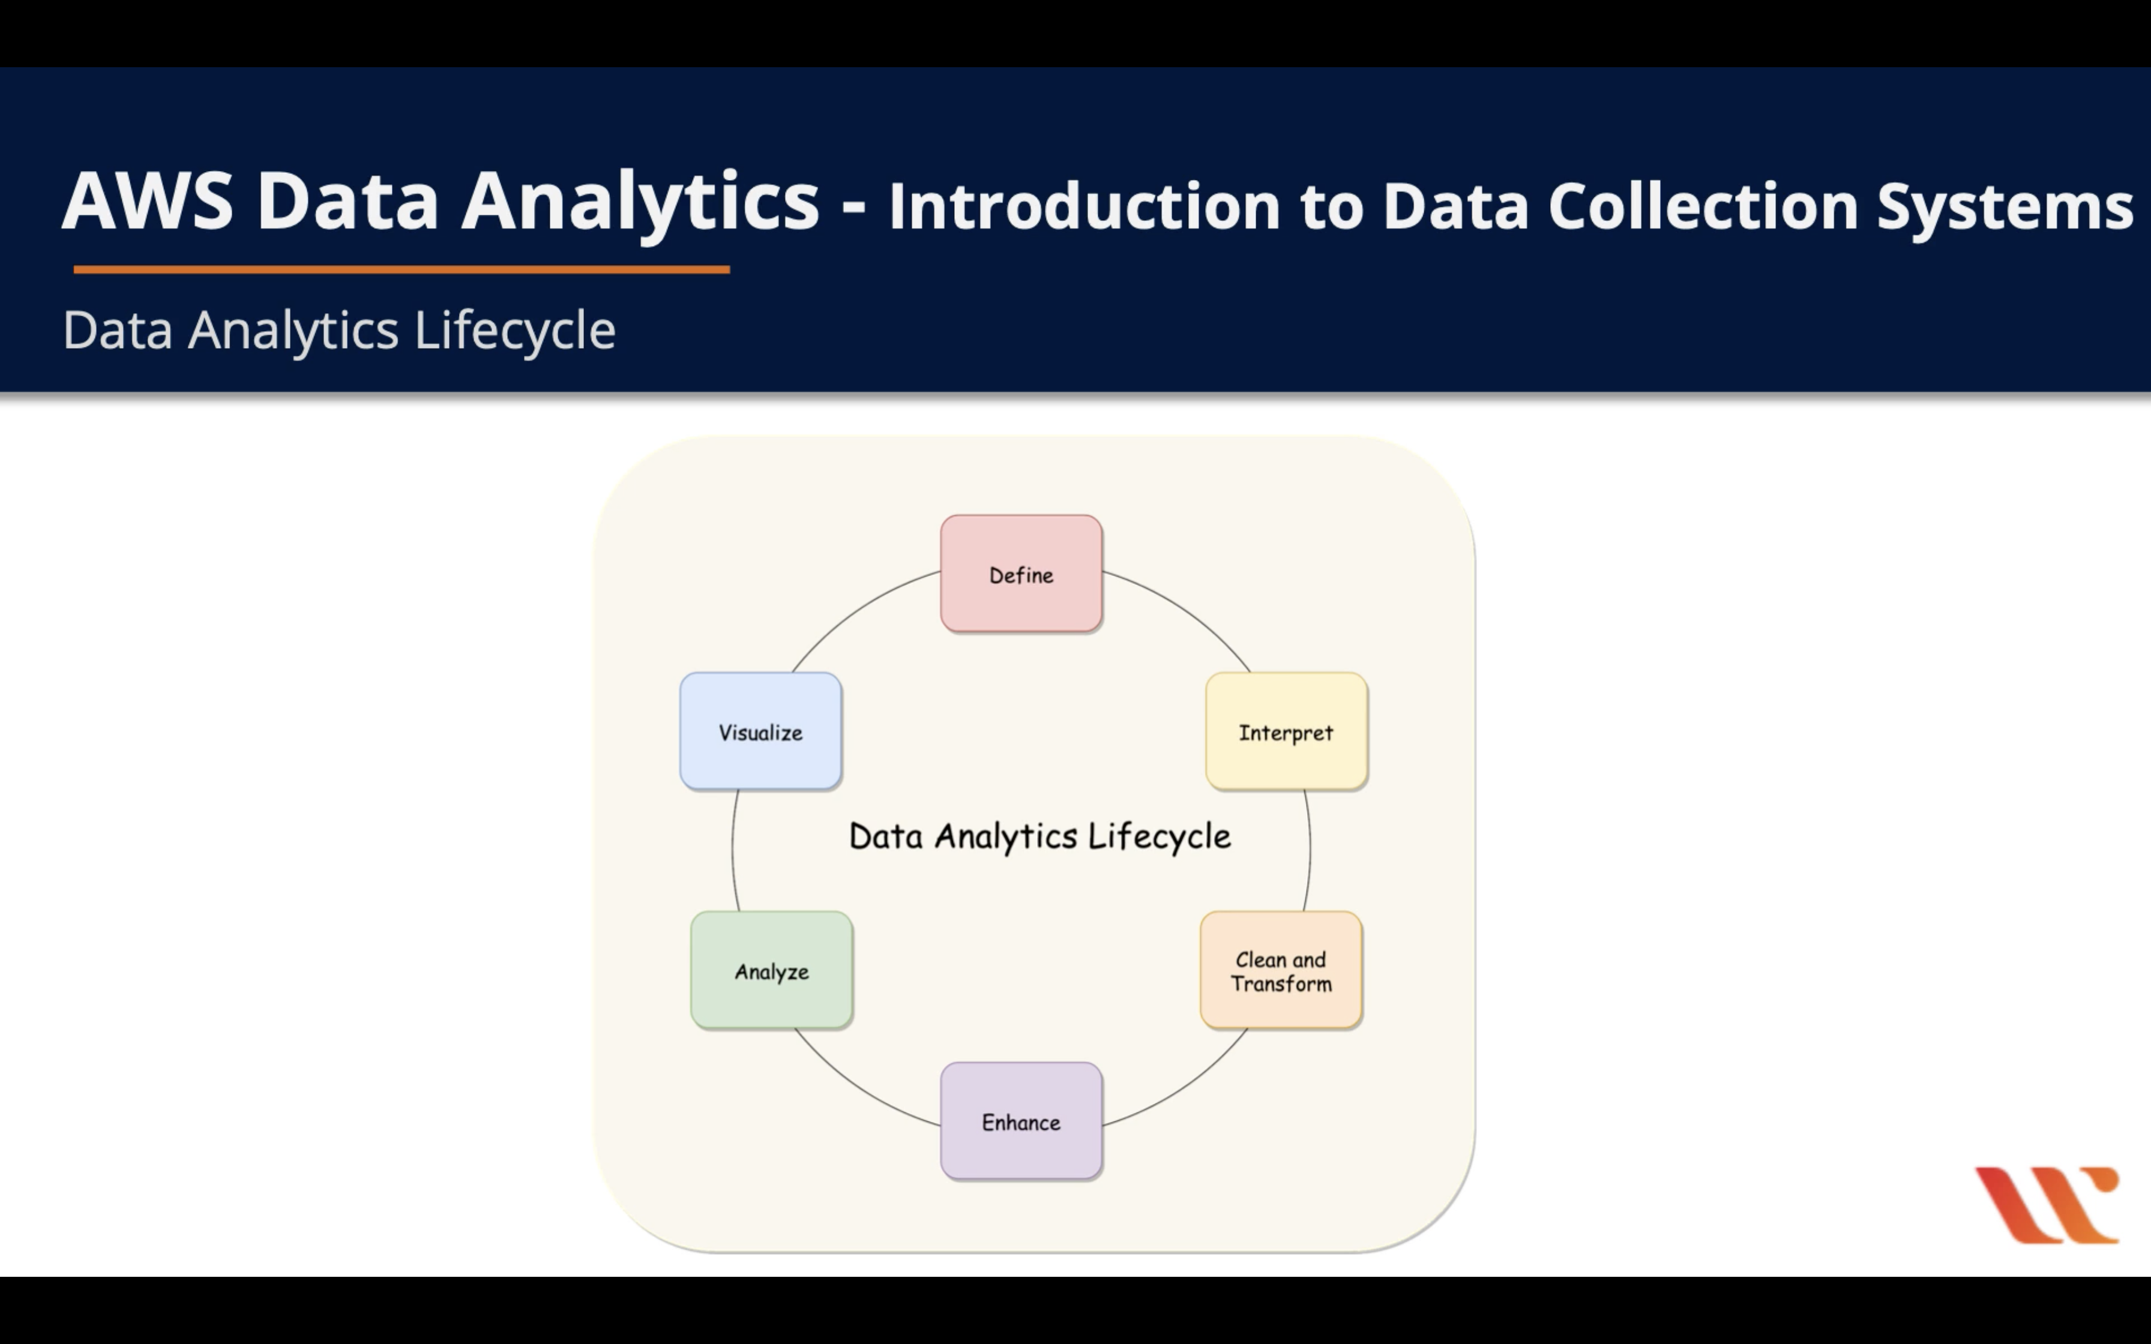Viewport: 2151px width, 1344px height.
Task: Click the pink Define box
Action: [1021, 574]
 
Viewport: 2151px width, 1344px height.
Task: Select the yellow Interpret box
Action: [1286, 731]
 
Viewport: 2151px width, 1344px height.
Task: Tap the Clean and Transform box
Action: [1281, 971]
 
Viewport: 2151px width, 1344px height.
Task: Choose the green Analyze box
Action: [772, 971]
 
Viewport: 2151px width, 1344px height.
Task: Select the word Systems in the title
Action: [2005, 206]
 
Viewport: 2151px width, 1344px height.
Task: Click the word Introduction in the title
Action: [1085, 206]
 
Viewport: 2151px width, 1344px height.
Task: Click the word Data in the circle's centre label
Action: [886, 836]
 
